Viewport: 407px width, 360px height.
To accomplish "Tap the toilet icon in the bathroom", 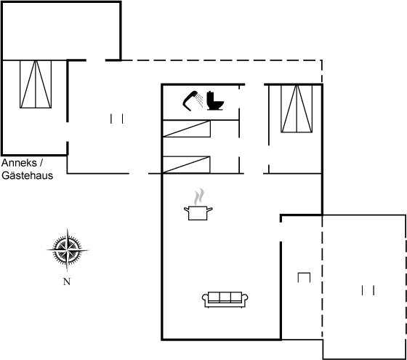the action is [215, 101].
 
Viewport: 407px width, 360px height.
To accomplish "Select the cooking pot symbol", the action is [198, 212].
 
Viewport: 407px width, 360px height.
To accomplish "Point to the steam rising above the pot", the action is [199, 196].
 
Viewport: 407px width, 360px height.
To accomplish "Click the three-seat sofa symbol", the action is [225, 300].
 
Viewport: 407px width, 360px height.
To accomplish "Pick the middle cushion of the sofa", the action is [225, 297].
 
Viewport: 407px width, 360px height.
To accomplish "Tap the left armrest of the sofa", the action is [205, 299].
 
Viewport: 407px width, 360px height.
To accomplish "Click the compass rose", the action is [68, 250].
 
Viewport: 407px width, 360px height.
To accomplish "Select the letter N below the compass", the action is [67, 281].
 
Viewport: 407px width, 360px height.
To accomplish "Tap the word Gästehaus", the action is [28, 175].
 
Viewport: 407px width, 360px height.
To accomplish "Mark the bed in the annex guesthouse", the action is [36, 84].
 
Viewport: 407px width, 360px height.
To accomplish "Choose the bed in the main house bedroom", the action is [297, 108].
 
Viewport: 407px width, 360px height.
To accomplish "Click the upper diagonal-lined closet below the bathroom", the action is [186, 129].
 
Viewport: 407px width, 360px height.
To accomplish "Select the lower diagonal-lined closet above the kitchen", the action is [186, 164].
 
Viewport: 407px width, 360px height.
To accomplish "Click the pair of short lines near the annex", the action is [116, 119].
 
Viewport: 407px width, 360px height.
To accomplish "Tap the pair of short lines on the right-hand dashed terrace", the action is [368, 290].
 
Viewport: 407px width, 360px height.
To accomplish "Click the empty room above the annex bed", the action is [61, 31].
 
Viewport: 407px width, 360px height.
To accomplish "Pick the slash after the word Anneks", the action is [41, 163].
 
